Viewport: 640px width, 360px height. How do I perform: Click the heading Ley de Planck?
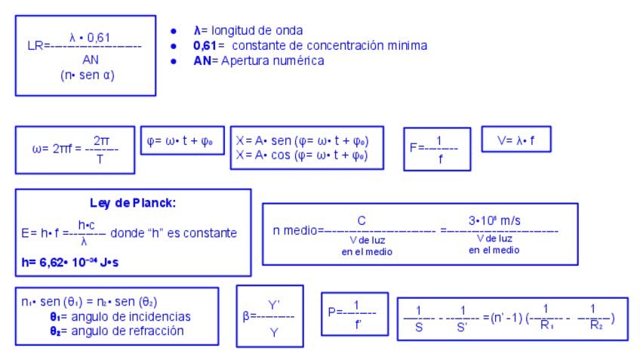132,203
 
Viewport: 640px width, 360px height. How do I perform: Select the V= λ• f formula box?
515,140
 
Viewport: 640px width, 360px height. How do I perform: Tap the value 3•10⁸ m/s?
494,220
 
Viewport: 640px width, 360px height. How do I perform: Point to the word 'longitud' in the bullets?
234,31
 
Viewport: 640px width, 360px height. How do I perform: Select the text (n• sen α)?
88,75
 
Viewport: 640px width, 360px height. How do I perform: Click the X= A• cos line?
300,155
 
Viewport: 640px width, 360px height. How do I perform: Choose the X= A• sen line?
300,140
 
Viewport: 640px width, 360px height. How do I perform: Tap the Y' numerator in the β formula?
274,304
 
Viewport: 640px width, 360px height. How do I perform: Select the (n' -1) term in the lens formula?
508,317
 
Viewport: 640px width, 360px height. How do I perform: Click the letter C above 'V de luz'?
362,220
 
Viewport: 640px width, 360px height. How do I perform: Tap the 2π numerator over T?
101,140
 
